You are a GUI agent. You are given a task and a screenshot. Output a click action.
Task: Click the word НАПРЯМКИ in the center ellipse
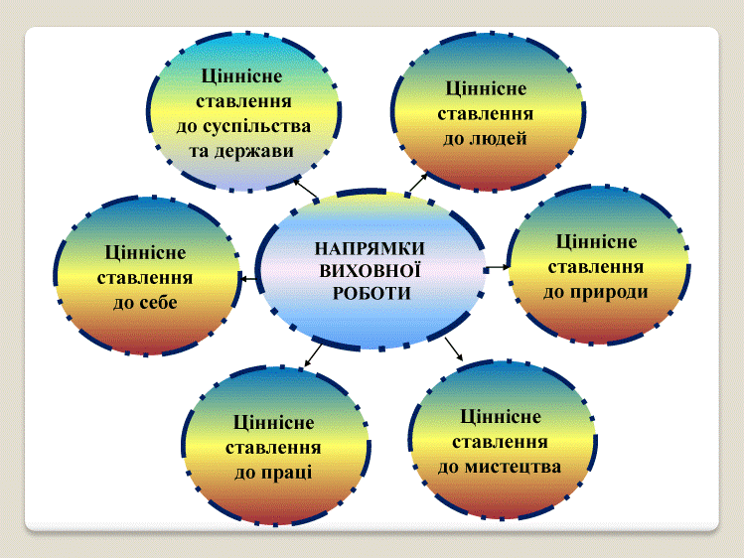pos(370,248)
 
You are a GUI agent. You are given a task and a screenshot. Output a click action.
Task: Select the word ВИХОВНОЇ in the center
pos(371,271)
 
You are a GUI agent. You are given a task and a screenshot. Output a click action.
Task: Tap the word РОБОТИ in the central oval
pos(372,293)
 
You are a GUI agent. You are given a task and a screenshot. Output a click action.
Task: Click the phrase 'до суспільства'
pos(243,126)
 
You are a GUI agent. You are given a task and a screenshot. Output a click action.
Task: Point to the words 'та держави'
pos(241,151)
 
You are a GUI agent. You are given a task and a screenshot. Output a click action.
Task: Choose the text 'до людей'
pos(485,138)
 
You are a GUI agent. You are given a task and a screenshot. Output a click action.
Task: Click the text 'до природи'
pos(595,292)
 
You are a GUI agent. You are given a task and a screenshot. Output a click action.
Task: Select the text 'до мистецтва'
pos(500,467)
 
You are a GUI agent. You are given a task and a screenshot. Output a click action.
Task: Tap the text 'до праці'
pos(273,473)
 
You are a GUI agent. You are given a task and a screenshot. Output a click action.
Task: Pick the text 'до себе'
pos(145,303)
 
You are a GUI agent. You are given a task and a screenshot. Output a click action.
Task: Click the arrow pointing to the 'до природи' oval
pos(498,268)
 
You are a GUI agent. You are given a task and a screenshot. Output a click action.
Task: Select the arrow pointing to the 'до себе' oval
pos(249,278)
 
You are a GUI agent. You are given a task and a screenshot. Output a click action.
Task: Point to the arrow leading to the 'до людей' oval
pos(418,182)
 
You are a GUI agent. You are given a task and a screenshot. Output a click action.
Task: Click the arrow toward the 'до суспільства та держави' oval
pos(306,189)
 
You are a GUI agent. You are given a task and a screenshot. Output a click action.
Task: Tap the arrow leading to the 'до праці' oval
pos(313,355)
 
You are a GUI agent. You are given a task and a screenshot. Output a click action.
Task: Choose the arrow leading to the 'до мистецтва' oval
pos(454,349)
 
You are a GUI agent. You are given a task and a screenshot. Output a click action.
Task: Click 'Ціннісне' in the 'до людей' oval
pos(486,89)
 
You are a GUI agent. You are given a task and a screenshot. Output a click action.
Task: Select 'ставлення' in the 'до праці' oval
pos(273,448)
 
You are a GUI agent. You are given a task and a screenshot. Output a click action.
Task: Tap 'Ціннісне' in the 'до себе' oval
pos(145,253)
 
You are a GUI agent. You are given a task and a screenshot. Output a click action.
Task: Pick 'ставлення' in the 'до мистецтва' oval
pos(500,442)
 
